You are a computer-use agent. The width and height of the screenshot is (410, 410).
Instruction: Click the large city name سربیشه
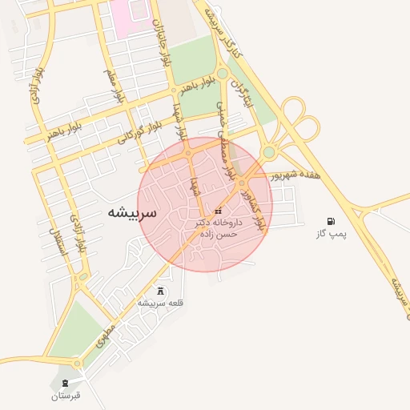pos(131,213)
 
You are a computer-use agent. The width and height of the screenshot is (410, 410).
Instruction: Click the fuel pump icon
pos(331,221)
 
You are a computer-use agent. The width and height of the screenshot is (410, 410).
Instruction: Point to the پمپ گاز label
pos(333,236)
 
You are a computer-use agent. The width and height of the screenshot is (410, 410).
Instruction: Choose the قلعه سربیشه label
pos(162,303)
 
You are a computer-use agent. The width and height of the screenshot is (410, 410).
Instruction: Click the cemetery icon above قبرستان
pos(66,381)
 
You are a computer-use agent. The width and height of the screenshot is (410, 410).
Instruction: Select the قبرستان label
pos(66,396)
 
